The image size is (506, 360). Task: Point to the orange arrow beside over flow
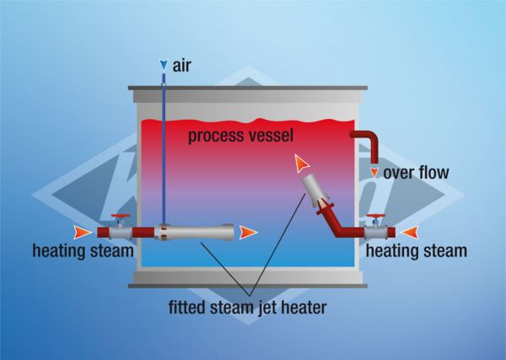374,174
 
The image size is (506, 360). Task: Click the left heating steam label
83,250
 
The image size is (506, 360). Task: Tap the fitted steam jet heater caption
251,308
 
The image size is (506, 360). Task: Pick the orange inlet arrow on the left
81,231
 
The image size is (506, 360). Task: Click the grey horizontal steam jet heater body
202,231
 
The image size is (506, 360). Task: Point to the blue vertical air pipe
163,152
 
